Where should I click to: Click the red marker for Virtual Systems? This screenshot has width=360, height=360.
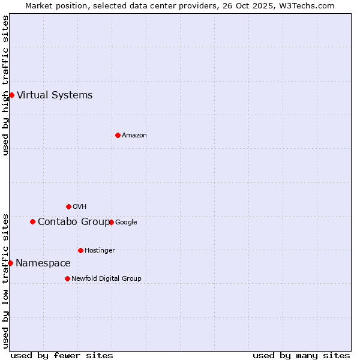[11, 95]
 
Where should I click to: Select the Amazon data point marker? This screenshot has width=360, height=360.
[118, 135]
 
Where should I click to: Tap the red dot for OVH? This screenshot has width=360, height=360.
[68, 206]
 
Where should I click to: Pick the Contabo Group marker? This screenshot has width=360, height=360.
[32, 221]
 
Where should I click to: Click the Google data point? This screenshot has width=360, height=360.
[111, 222]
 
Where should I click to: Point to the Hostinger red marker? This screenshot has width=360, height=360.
[80, 250]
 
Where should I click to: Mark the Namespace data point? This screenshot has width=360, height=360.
[10, 263]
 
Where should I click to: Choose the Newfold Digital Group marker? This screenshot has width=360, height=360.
[67, 278]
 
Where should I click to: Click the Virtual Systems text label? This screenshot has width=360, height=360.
[55, 95]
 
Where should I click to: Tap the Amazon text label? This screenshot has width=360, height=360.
[134, 135]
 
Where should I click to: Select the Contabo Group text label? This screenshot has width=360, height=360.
[74, 221]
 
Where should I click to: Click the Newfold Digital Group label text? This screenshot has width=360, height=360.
[106, 278]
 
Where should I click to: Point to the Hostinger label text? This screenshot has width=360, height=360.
[100, 250]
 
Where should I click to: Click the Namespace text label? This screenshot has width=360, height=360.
[43, 263]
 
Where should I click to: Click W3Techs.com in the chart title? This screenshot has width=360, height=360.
[308, 6]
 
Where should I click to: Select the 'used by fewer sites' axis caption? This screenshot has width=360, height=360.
[62, 355]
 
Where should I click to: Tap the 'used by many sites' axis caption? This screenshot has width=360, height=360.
[301, 355]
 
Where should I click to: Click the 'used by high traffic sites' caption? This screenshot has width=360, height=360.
[5, 85]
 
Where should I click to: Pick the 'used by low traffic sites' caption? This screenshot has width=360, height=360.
[5, 281]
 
